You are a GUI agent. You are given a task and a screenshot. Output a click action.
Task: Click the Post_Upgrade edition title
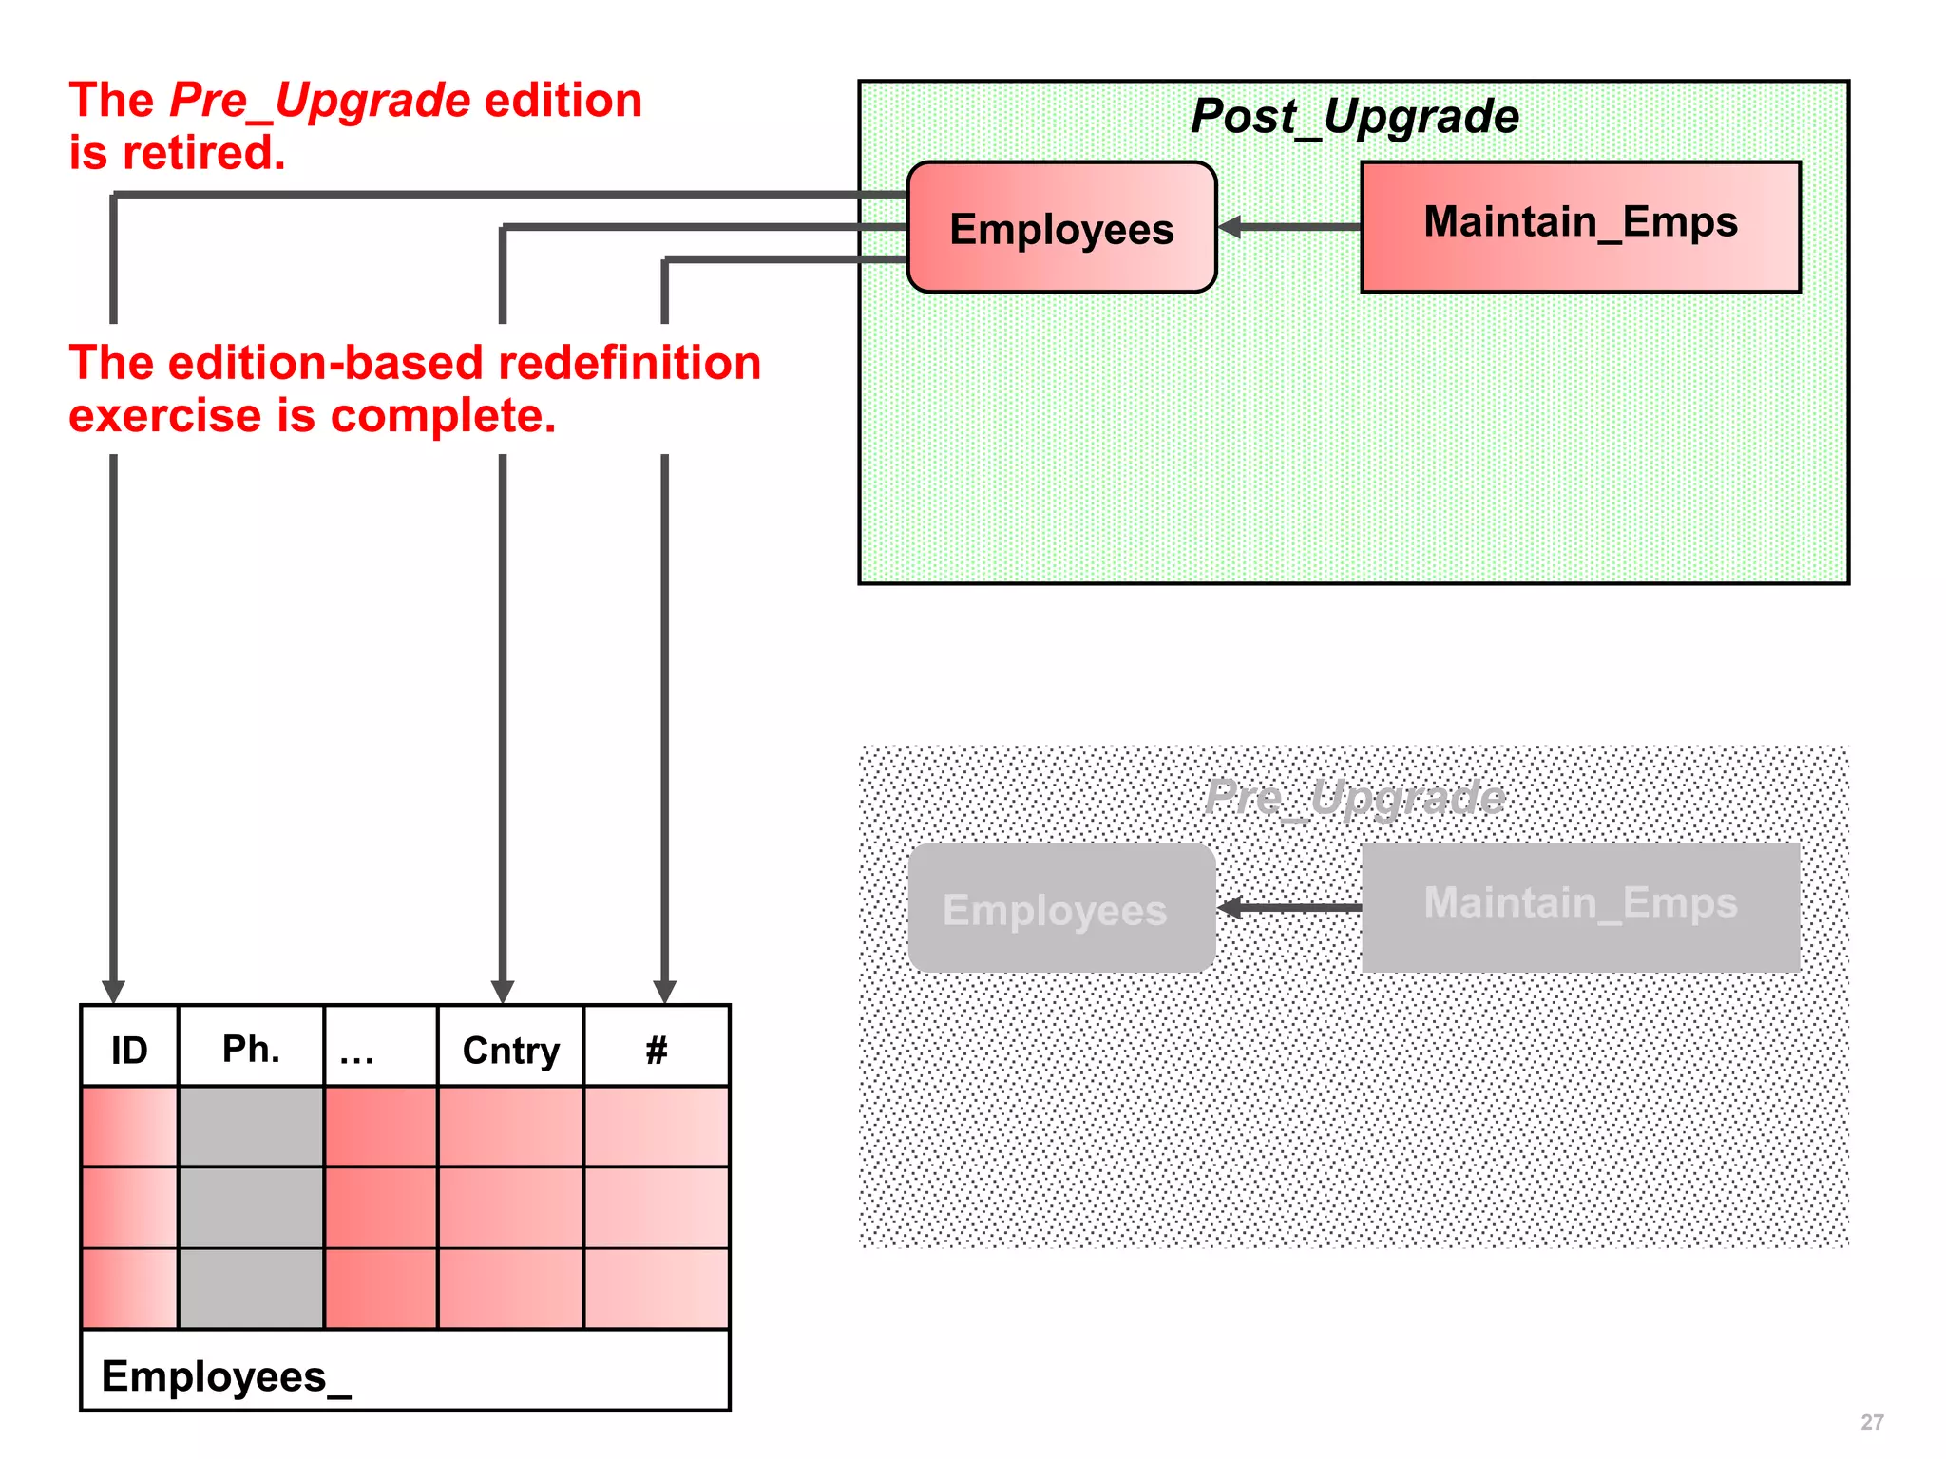[x=1354, y=117]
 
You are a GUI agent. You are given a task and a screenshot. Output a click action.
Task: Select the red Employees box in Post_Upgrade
[x=1061, y=228]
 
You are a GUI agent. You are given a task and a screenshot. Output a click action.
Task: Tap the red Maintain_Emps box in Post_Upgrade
[x=1580, y=226]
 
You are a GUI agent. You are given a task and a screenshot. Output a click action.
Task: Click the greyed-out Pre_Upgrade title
[x=1354, y=797]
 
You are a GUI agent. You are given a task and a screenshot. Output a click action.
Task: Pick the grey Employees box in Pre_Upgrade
[x=1061, y=909]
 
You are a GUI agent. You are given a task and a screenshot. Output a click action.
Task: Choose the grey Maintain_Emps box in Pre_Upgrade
[x=1580, y=906]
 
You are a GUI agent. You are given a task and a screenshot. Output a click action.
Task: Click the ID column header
[x=129, y=1049]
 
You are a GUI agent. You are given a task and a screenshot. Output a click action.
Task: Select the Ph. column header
[x=251, y=1049]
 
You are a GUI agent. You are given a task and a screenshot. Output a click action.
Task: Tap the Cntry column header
[x=510, y=1050]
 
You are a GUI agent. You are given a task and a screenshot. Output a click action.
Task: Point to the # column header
[x=656, y=1050]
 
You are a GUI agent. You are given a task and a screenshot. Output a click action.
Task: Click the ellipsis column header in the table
[x=380, y=1049]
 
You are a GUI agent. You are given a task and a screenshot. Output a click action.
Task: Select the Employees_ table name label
[x=226, y=1376]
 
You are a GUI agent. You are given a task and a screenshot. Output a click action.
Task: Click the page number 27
[x=1871, y=1422]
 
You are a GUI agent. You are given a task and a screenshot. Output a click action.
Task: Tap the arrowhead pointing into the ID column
[x=114, y=992]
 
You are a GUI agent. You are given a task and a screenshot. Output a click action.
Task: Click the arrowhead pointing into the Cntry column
[x=503, y=992]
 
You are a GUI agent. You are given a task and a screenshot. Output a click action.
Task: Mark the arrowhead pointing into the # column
[x=665, y=992]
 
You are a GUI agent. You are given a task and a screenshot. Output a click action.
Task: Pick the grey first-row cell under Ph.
[x=251, y=1127]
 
